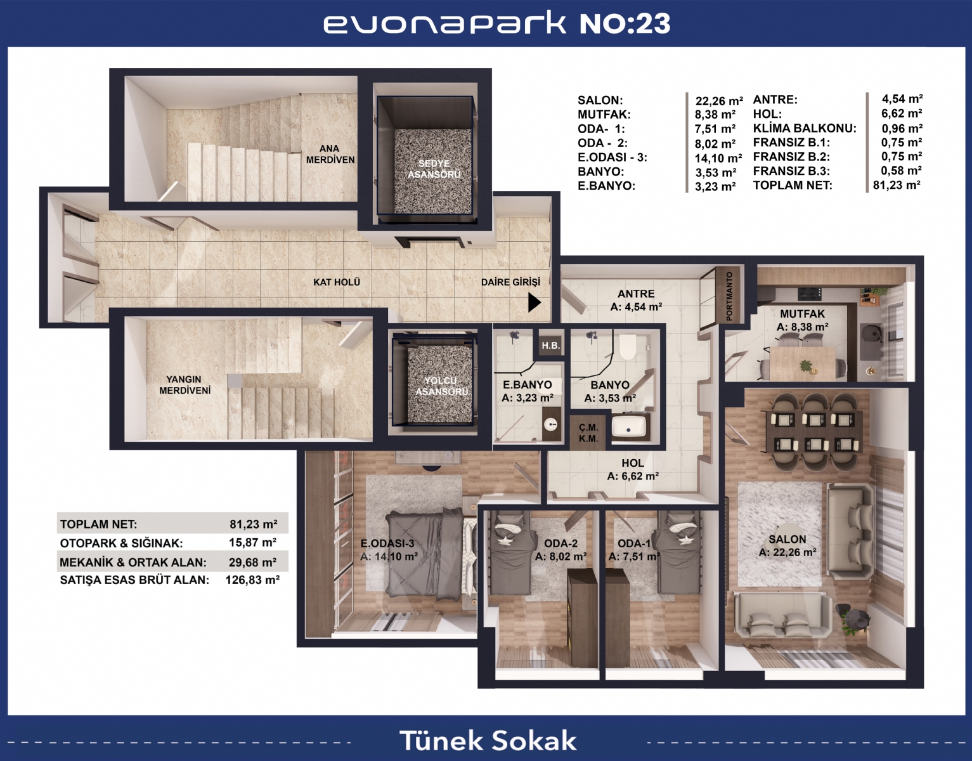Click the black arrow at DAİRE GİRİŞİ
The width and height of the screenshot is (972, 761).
coord(534,302)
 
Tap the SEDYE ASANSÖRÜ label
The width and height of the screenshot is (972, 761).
coord(434,169)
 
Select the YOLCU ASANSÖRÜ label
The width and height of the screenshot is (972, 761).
coord(441,386)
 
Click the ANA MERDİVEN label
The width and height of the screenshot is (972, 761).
coord(330,154)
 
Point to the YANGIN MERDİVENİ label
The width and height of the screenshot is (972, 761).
coord(185,385)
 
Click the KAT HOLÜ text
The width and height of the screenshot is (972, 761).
coord(337,282)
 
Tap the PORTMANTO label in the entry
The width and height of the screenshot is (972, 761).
coord(729,296)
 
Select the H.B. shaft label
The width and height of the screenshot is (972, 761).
coord(550,346)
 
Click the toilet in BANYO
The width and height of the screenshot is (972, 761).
coord(628,346)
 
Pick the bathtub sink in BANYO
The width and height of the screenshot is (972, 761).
coord(628,426)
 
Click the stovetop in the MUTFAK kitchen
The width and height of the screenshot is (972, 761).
coord(810,294)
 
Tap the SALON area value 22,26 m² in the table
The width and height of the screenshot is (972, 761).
coord(719,101)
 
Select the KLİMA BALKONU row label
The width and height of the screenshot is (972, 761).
coord(805,128)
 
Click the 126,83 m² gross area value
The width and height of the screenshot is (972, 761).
coord(253,580)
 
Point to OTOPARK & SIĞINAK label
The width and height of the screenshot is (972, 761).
coord(121,543)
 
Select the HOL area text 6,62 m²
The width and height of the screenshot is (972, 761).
coord(633,476)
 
